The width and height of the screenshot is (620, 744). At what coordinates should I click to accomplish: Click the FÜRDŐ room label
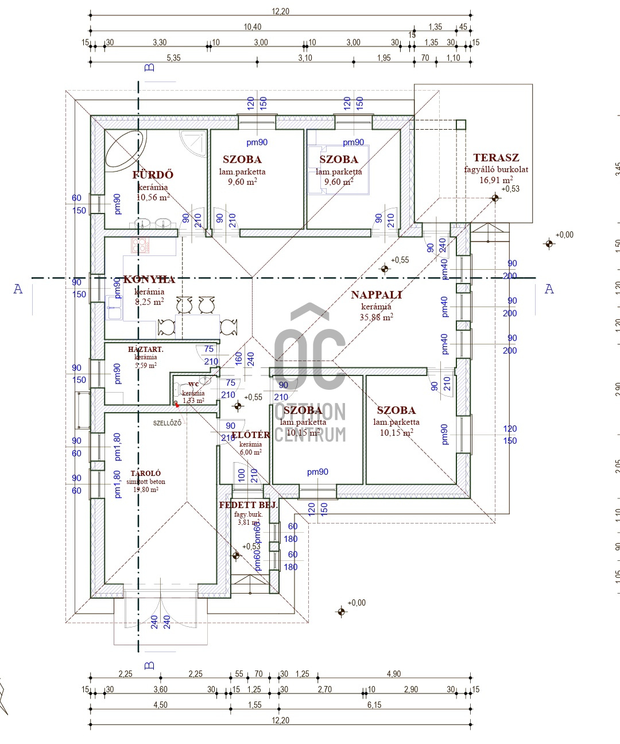(x=153, y=175)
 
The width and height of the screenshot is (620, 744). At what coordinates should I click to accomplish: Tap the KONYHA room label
(x=149, y=280)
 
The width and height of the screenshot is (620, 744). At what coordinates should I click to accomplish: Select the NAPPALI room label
(x=377, y=295)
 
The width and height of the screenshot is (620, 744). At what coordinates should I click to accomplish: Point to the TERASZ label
(x=496, y=158)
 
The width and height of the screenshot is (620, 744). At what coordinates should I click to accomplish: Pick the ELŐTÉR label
(x=250, y=435)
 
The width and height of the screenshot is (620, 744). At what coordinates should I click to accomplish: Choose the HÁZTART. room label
(x=146, y=349)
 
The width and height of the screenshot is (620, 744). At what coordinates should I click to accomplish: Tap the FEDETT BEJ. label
(x=248, y=505)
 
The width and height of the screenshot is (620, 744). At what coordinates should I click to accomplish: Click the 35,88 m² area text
(x=377, y=317)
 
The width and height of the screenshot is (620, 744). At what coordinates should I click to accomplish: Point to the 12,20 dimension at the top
(x=281, y=11)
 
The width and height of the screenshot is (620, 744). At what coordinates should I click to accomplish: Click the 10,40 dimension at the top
(x=253, y=27)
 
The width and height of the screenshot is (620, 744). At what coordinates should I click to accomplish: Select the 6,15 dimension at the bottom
(x=374, y=705)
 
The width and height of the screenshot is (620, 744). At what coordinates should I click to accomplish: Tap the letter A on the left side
(x=18, y=289)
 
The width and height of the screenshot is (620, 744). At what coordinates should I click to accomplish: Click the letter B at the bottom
(x=149, y=666)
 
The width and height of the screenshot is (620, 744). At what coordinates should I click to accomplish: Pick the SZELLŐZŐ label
(x=167, y=423)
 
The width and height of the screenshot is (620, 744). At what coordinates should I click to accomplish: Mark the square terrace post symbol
(x=460, y=125)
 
